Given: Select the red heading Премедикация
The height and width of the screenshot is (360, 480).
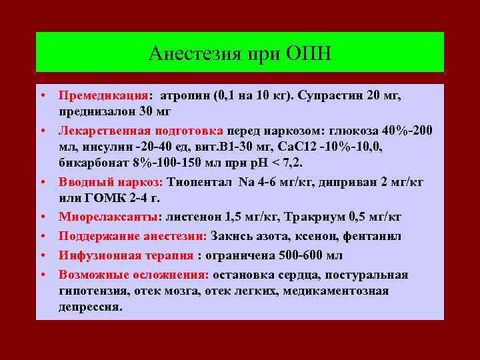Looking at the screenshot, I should coord(103,95).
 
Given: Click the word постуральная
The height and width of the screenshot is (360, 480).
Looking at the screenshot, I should coord(367,275).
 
